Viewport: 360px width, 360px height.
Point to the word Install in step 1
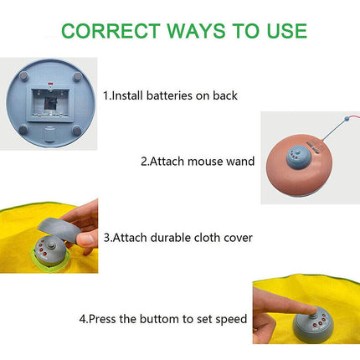click(128, 95)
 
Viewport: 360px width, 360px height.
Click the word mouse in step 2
click(207, 161)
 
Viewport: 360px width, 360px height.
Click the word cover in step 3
click(237, 238)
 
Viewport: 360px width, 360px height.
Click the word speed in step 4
click(230, 318)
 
